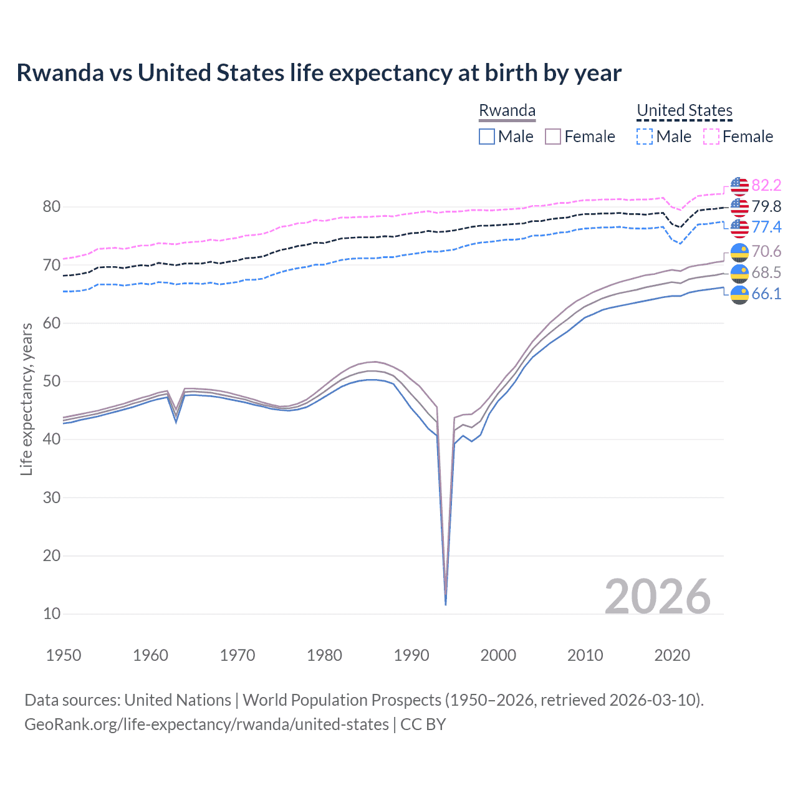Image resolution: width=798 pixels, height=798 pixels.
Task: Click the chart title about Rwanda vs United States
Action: pyautogui.click(x=319, y=73)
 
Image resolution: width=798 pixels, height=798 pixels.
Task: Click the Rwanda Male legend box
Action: pyautogui.click(x=487, y=137)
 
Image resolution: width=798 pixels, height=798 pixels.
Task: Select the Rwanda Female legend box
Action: pyautogui.click(x=553, y=137)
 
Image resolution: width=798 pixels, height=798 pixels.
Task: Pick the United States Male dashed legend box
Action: pyautogui.click(x=645, y=137)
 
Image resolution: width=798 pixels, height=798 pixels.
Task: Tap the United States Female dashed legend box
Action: pyautogui.click(x=711, y=137)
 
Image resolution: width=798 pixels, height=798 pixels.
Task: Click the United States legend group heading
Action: pyautogui.click(x=684, y=110)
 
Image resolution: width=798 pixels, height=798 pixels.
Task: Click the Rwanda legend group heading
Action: pyautogui.click(x=507, y=110)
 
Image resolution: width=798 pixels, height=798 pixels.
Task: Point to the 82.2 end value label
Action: pyautogui.click(x=766, y=185)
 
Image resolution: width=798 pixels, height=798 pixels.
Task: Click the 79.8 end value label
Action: pyautogui.click(x=766, y=206)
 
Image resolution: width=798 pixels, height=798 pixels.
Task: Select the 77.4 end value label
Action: pyautogui.click(x=766, y=227)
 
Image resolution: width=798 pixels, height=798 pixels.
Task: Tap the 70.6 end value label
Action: pyautogui.click(x=766, y=251)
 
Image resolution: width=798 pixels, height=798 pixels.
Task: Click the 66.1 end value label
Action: pyautogui.click(x=766, y=294)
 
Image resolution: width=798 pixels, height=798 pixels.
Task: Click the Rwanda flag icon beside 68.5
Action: pyautogui.click(x=739, y=273)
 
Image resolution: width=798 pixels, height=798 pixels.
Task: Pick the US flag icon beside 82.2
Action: pyautogui.click(x=739, y=186)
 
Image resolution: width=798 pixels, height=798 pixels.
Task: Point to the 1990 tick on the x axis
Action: pyautogui.click(x=411, y=655)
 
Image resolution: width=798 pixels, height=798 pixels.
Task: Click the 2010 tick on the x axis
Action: pyautogui.click(x=585, y=655)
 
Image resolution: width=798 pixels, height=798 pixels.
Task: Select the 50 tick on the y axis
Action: pyautogui.click(x=52, y=381)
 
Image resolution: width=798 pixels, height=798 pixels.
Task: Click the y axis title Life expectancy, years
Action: pyautogui.click(x=26, y=399)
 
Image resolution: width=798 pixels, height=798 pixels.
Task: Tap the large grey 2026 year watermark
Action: pyautogui.click(x=657, y=597)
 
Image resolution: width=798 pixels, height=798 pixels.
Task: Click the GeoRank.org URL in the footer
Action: pyautogui.click(x=206, y=724)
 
